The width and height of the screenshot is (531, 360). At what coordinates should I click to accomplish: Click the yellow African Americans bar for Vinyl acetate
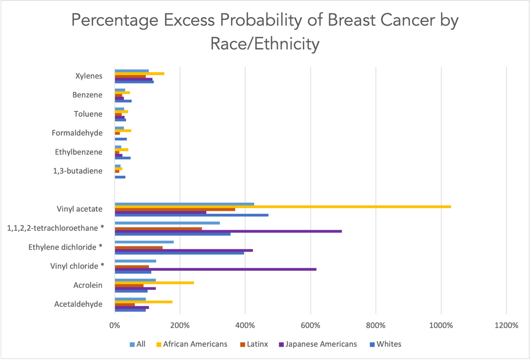coord(282,207)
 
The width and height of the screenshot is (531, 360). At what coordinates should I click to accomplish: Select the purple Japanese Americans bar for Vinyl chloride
coord(215,269)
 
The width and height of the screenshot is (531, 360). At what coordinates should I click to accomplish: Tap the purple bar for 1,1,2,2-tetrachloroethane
coord(228,231)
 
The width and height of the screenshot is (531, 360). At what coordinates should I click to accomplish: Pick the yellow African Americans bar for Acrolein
coord(154,283)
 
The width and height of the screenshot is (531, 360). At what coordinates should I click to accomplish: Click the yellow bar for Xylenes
coord(139,74)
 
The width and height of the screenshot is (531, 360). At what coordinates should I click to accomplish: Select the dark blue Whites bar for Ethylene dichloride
coord(179,253)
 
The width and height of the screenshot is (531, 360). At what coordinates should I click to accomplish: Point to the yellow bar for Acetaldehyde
coord(143,302)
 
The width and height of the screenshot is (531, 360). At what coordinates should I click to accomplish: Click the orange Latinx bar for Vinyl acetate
coord(175,210)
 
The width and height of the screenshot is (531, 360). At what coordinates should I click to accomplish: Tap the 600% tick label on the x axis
coord(310,325)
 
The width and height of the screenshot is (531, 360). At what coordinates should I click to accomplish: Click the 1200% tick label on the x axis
coord(506,325)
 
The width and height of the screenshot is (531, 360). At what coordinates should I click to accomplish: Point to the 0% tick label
coord(115,325)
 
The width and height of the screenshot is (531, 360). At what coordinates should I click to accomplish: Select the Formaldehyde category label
coord(77,133)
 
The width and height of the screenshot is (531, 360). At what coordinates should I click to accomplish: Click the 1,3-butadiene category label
coord(78,171)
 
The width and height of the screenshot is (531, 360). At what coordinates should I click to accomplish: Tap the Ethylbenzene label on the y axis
coord(78,152)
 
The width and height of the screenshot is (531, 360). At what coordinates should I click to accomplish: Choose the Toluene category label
coord(88,114)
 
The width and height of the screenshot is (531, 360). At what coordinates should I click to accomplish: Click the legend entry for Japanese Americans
coord(320,344)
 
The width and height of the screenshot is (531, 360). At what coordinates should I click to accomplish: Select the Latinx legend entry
coord(257,344)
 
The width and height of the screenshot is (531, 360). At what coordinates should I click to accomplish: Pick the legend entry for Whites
coord(388,344)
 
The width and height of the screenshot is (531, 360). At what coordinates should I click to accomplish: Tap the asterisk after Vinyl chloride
coord(102,265)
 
